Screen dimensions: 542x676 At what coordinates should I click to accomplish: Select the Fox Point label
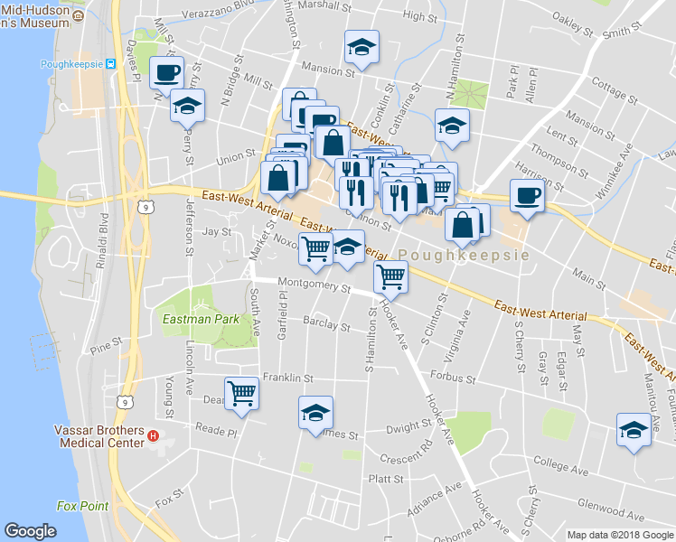(x=81, y=506)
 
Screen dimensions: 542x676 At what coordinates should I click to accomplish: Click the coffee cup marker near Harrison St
(x=526, y=193)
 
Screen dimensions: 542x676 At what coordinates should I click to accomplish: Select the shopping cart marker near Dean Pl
(x=241, y=392)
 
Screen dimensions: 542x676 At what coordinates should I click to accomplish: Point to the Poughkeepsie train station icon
(x=111, y=64)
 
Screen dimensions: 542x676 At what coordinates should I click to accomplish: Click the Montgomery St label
(x=314, y=286)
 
